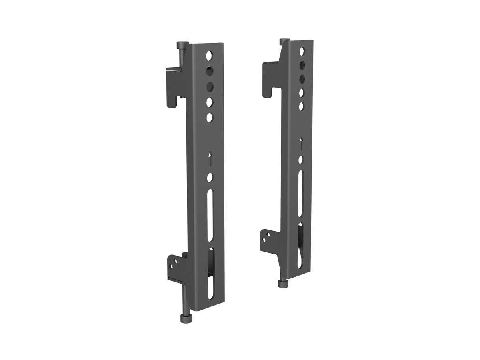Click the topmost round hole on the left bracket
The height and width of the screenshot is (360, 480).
[209, 55]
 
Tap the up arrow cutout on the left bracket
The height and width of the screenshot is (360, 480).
[210, 159]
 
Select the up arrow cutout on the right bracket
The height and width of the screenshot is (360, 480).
[301, 143]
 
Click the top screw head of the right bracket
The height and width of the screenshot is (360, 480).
[284, 41]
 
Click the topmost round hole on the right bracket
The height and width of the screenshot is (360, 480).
[302, 51]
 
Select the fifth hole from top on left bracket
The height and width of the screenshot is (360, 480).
[209, 118]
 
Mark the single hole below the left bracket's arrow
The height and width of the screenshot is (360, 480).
[210, 177]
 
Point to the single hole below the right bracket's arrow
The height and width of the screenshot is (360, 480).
[301, 159]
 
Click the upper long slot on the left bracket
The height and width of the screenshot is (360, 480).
[210, 215]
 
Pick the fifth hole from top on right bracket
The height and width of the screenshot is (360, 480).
[301, 106]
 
